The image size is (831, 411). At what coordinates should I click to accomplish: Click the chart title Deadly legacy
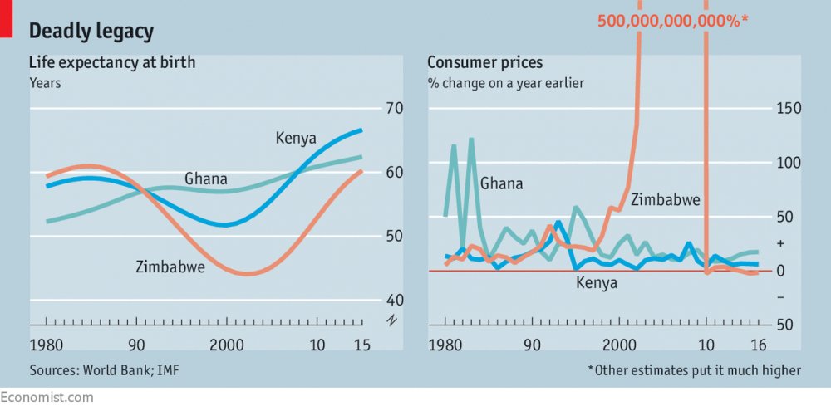(91, 32)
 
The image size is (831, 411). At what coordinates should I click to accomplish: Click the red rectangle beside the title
(5, 18)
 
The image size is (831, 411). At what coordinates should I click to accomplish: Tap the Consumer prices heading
(485, 62)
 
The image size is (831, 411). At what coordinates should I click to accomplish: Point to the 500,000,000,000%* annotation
(673, 21)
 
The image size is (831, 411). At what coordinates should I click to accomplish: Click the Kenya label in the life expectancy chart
(297, 137)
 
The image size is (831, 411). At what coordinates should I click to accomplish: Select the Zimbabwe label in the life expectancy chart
(170, 267)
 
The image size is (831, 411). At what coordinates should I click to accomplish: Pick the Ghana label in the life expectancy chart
(206, 179)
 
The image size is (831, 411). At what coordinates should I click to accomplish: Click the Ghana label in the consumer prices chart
(502, 183)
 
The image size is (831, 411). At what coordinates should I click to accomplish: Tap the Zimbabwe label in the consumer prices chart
(666, 199)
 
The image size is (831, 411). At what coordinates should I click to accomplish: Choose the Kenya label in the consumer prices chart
(597, 283)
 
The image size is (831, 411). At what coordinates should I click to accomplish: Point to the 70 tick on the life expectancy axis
(394, 109)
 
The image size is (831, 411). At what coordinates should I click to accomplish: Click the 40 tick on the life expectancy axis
(394, 300)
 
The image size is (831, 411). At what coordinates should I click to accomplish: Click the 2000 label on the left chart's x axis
(224, 345)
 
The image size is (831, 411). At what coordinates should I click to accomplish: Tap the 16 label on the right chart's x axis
(758, 345)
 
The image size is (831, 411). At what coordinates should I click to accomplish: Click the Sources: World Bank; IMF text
(104, 370)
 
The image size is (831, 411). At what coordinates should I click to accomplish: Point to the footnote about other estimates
(694, 370)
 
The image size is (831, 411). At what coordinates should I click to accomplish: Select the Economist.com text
(47, 398)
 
